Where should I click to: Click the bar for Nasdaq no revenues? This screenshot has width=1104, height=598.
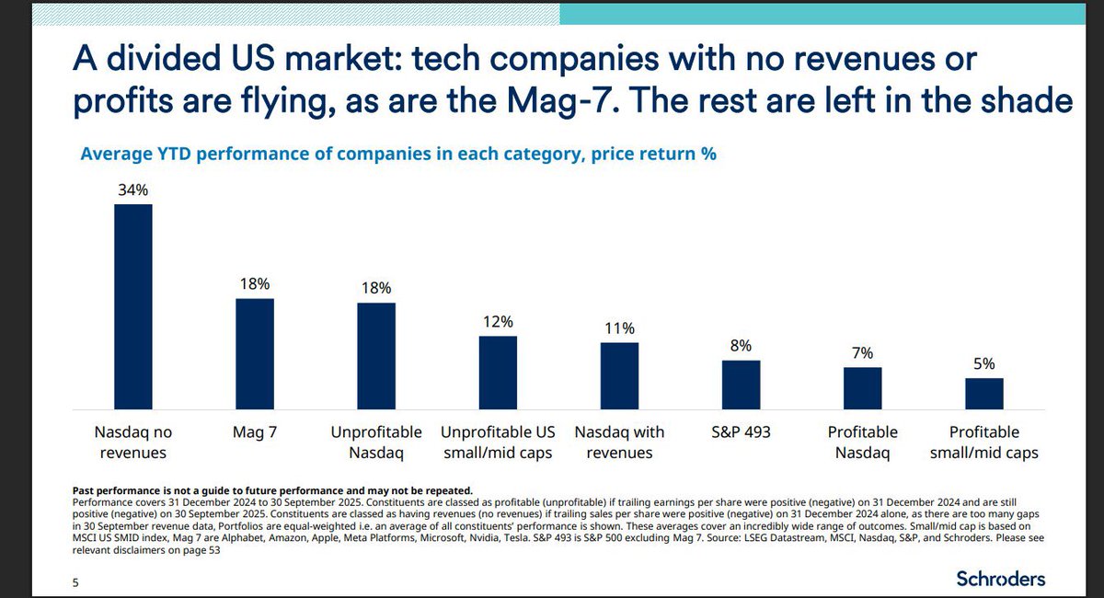click(133, 306)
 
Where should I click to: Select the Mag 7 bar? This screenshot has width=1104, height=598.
click(255, 353)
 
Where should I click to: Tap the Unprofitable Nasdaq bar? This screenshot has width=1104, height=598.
click(376, 355)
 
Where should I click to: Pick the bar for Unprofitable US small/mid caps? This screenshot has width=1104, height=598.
click(498, 373)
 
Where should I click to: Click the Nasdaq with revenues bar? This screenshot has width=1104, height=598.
click(619, 375)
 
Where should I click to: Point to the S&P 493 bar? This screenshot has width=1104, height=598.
click(741, 385)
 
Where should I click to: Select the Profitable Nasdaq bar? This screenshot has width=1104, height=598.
click(862, 387)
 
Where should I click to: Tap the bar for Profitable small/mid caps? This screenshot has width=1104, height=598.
click(983, 393)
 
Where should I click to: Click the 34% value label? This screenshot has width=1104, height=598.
click(133, 190)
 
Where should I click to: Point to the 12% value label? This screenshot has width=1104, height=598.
click(498, 322)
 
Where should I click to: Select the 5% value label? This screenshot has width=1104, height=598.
click(983, 363)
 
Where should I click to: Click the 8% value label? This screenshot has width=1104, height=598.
click(741, 346)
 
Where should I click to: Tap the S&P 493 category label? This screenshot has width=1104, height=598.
click(741, 431)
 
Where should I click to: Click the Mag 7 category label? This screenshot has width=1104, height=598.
click(255, 431)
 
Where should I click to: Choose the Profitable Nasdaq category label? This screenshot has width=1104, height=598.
click(862, 442)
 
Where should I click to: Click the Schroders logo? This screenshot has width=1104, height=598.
click(1000, 579)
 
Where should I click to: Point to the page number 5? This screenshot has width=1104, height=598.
click(75, 581)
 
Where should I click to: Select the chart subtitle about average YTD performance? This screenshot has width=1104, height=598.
click(398, 154)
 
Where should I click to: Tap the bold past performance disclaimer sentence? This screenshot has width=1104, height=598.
click(271, 489)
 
